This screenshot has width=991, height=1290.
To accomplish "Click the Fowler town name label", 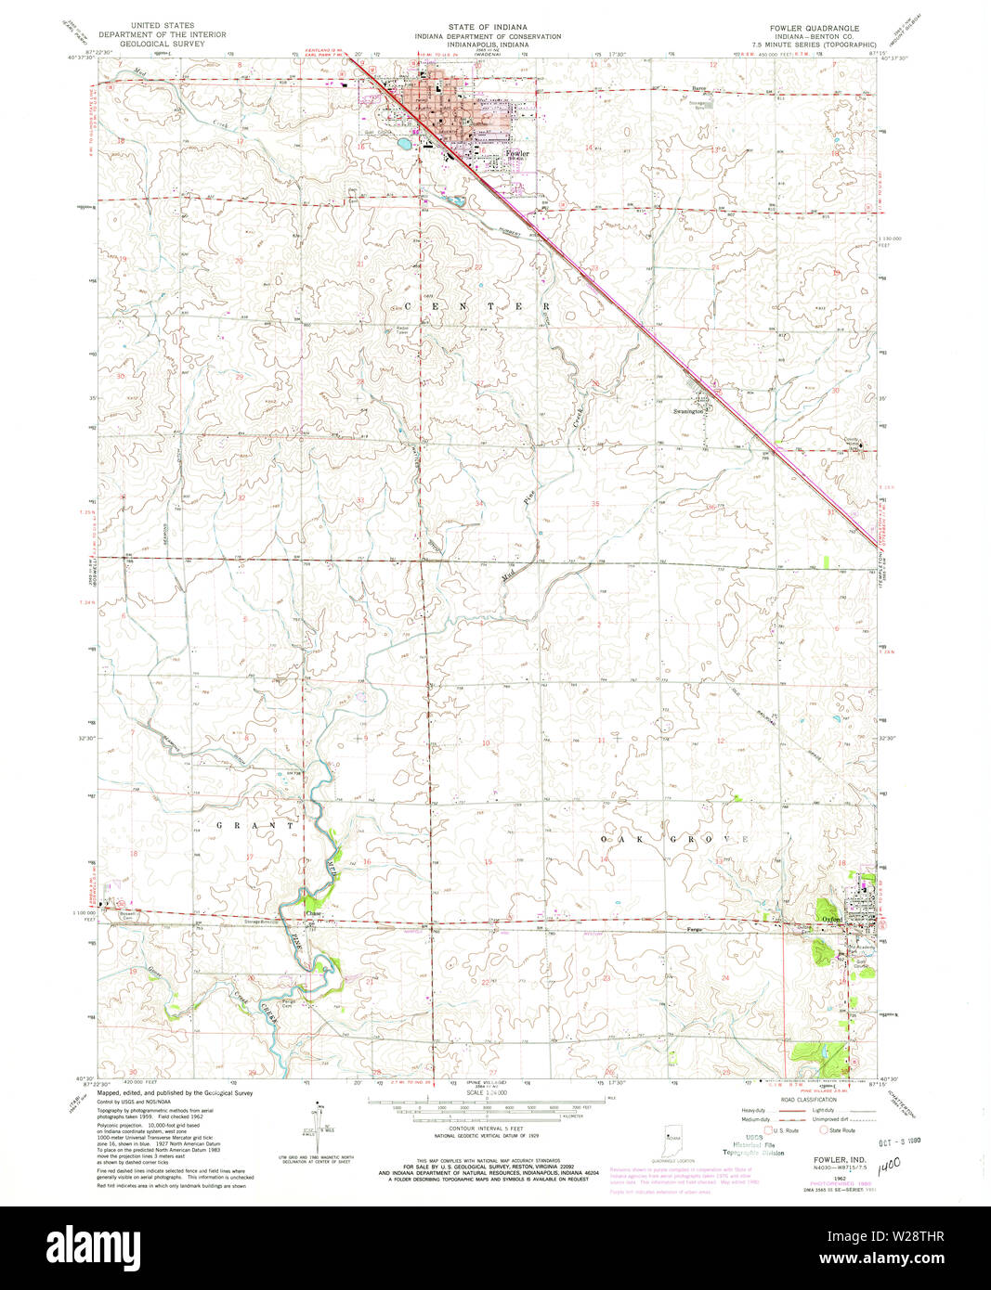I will tap(517, 154).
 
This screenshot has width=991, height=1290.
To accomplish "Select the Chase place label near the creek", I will tap(313, 913).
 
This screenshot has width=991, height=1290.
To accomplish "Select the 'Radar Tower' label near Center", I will tap(402, 329).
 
